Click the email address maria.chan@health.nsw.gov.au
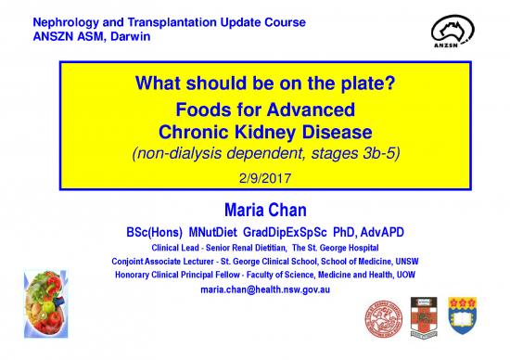click(x=266, y=291)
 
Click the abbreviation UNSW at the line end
click(x=388, y=261)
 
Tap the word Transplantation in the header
click(x=156, y=21)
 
